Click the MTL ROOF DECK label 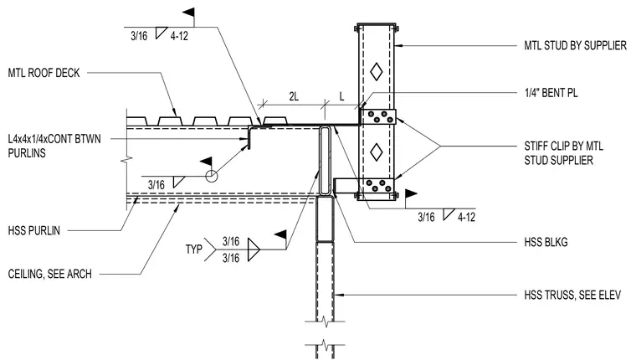[x=44, y=73]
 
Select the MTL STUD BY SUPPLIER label [x=575, y=45]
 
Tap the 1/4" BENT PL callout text [x=551, y=93]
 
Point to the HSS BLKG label [x=546, y=242]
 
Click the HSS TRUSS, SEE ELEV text [x=572, y=295]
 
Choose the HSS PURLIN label [x=34, y=231]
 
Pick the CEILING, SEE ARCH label [x=50, y=274]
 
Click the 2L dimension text [x=294, y=96]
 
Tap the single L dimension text [x=342, y=96]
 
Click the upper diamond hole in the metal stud [x=377, y=72]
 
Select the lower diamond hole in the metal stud [x=377, y=152]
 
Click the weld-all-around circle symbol [x=212, y=177]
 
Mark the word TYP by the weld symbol [x=194, y=249]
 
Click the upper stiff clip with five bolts [x=377, y=116]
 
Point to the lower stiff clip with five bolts [x=377, y=186]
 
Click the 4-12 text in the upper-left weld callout [x=179, y=36]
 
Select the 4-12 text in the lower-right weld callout [x=466, y=217]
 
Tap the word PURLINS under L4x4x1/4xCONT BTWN [x=27, y=153]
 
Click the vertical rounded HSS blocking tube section [x=326, y=161]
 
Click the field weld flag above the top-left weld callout [x=189, y=13]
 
